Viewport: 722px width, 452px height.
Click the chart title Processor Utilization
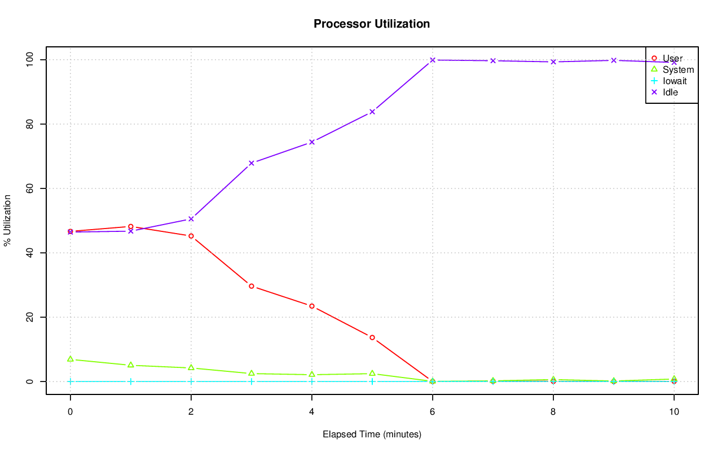372,24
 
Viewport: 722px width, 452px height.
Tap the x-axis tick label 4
312,412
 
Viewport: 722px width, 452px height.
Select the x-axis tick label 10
674,412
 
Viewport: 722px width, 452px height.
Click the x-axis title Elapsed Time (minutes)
372,435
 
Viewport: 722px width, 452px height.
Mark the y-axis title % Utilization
7,220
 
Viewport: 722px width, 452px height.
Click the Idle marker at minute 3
252,163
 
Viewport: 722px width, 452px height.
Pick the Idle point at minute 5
372,112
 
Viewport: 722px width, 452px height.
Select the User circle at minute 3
252,286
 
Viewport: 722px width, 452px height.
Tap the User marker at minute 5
372,337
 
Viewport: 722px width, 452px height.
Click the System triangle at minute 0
71,359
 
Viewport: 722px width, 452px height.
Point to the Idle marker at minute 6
433,60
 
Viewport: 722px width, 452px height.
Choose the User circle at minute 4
312,306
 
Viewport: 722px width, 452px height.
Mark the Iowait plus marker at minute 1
131,381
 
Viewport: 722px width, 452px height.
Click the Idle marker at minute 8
553,62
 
